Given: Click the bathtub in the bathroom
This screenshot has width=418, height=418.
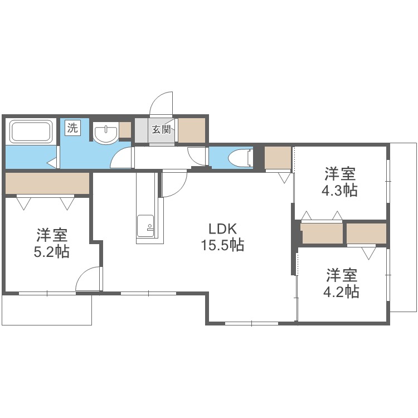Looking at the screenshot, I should (x=31, y=132).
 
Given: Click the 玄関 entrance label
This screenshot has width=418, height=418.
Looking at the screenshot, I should (x=162, y=130).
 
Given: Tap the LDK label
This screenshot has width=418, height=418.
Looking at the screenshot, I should (x=223, y=229).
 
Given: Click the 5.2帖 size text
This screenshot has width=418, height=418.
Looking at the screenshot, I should (x=51, y=251).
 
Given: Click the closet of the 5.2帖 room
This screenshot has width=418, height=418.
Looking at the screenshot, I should (x=47, y=183).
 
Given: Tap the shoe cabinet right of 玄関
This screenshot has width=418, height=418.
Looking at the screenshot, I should (x=191, y=129).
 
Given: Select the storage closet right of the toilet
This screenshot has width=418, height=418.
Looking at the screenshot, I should (x=278, y=158).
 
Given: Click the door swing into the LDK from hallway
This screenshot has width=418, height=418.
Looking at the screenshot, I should (x=173, y=184).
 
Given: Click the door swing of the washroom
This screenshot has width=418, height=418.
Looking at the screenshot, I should (x=122, y=158).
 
